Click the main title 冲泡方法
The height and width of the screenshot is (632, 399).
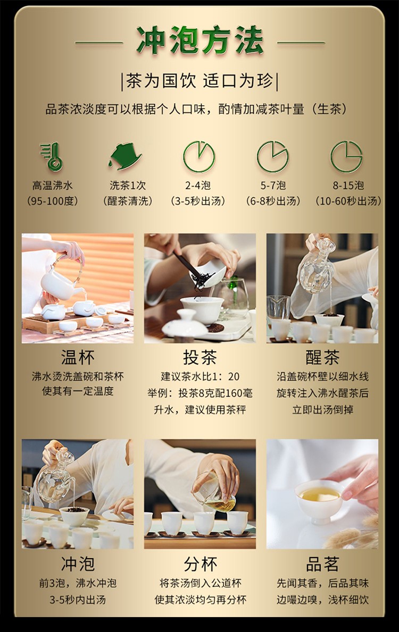pos(200,41)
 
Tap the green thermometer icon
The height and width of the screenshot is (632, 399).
pos(52,157)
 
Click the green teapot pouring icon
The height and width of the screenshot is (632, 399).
pos(125,156)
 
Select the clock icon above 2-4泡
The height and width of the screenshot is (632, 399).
pos(199,156)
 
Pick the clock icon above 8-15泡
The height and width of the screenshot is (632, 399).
pos(346,156)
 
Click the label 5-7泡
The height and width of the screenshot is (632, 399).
pos(273,186)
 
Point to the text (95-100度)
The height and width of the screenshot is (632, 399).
pos(53,201)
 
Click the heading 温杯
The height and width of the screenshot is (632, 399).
pos(78,357)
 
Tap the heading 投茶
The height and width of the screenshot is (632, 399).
pos(200,357)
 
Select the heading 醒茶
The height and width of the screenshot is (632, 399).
pos(322,357)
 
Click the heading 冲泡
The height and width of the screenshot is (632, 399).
pos(78,564)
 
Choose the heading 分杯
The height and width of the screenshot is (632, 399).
pos(200,564)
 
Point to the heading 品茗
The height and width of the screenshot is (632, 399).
pos(322,564)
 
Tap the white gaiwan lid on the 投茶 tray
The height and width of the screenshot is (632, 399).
pos(185,325)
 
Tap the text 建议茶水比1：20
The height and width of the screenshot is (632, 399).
pos(200,376)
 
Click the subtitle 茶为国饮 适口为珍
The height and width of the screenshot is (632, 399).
pos(200,81)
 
